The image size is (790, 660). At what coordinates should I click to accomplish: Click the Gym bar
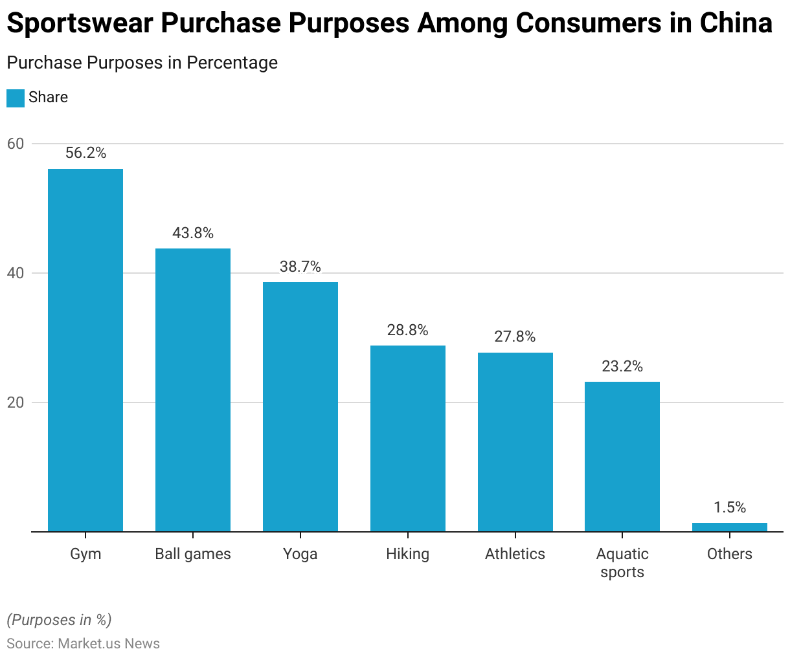85,350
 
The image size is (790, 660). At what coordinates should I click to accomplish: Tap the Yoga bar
300,407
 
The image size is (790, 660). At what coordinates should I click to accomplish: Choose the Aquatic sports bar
622,457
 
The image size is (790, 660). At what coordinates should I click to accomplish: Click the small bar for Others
730,527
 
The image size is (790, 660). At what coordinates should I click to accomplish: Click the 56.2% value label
85,153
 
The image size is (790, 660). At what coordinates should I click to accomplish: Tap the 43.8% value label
193,233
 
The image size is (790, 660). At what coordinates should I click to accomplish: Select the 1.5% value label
730,507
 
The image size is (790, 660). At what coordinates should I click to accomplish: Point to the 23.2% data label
622,366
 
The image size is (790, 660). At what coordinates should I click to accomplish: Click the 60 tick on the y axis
16,144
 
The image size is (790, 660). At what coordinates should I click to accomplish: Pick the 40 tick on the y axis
16,273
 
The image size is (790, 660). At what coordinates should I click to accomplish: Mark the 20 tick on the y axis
16,402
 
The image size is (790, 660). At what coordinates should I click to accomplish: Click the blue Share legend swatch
16,98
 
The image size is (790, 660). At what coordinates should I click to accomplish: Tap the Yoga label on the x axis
300,554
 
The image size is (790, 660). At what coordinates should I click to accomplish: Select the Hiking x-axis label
408,554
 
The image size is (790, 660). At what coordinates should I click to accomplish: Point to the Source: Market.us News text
83,643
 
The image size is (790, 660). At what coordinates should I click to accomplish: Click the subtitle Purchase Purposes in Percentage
142,63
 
